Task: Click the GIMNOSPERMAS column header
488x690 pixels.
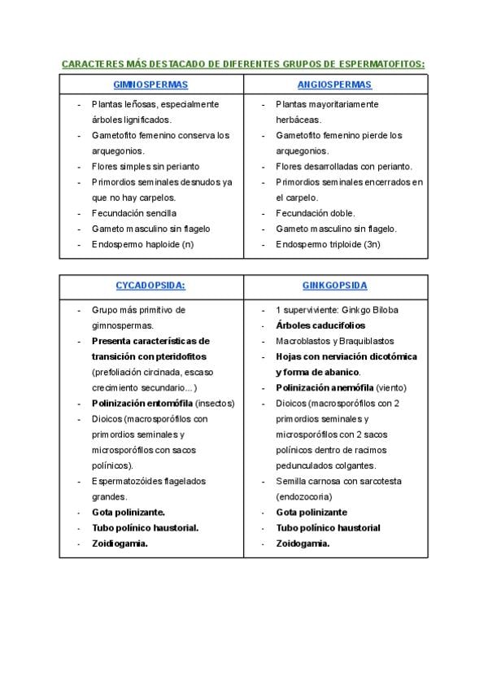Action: [x=150, y=85]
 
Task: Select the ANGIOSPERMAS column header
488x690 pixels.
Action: [x=334, y=85]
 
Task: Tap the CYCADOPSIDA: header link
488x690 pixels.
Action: [x=150, y=286]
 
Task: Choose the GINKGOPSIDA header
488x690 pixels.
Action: [x=334, y=286]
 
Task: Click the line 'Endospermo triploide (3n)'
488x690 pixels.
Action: [x=328, y=244]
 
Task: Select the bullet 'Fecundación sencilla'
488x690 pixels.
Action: [x=133, y=213]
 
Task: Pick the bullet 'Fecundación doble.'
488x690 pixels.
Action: [x=316, y=213]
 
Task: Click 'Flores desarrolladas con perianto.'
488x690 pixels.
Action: [x=344, y=166]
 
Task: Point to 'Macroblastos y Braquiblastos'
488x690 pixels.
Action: [x=334, y=341]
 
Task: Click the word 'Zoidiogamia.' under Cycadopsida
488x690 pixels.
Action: [x=120, y=543]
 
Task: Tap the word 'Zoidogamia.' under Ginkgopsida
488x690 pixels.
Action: [x=303, y=543]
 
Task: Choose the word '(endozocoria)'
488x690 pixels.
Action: [x=305, y=496]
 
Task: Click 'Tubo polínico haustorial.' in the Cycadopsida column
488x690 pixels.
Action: [x=145, y=527]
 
